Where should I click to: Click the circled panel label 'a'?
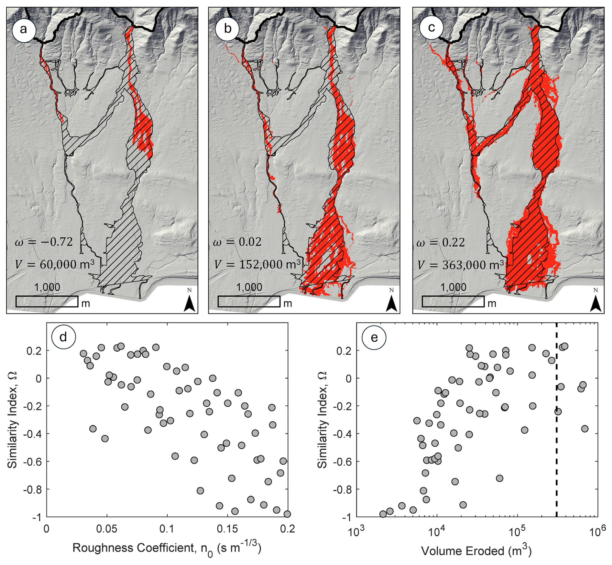(x=23, y=29)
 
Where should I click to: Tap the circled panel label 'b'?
(x=227, y=29)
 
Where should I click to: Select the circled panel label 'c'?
(x=431, y=28)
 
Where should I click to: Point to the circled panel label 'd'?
(x=63, y=337)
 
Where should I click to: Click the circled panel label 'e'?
(x=374, y=337)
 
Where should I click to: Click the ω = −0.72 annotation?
(x=44, y=242)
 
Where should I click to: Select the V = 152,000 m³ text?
(x=257, y=265)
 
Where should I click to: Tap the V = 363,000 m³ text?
(x=461, y=265)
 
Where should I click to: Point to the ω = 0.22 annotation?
(x=441, y=242)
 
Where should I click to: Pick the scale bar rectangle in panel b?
(x=249, y=302)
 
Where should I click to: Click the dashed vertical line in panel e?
(x=556, y=420)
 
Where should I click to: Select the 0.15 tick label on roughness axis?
(x=228, y=529)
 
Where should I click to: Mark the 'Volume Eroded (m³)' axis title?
(x=476, y=551)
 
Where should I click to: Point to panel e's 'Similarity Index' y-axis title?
(x=322, y=420)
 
